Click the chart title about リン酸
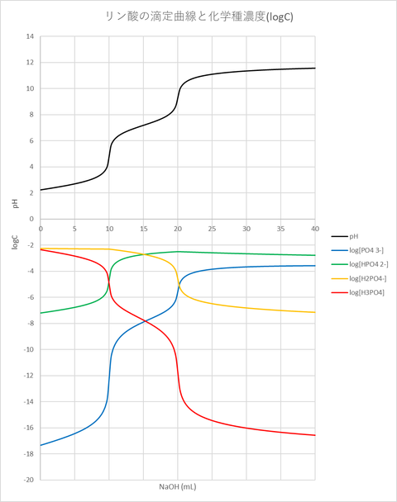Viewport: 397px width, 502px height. click(198, 15)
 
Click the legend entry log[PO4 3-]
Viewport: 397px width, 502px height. click(367, 249)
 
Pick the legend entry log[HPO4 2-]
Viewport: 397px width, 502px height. click(369, 263)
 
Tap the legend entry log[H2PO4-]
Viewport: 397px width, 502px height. click(368, 277)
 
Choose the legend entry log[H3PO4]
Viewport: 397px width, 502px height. click(366, 291)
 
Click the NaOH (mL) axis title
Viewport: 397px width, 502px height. click(177, 487)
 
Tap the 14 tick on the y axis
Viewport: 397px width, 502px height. click(30, 36)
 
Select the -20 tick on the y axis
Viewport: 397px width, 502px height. click(28, 480)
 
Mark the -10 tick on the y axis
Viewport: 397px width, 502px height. click(28, 349)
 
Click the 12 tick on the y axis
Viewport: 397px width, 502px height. click(30, 63)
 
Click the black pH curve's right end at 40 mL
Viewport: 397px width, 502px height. click(315, 68)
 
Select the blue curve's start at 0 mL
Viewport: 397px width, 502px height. click(41, 446)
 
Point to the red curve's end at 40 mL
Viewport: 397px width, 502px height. click(315, 435)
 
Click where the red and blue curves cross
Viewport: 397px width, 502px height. click(143, 321)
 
